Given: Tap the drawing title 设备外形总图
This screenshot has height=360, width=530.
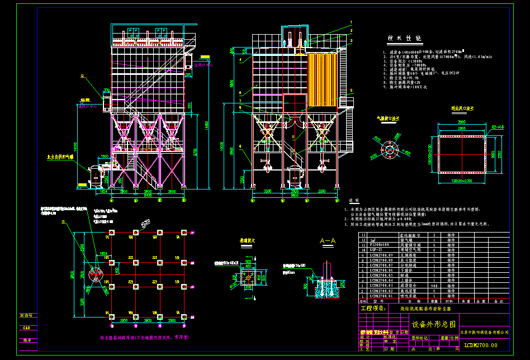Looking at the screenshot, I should click(x=433, y=324).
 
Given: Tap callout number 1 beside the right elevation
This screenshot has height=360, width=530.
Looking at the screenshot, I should click(x=352, y=21).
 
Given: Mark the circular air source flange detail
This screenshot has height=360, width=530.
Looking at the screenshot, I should click(x=387, y=150).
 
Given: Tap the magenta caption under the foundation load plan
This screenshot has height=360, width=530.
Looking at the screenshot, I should click(x=144, y=338).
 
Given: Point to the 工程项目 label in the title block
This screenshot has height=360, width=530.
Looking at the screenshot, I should click(x=372, y=309).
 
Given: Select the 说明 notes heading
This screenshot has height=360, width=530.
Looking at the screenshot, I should click(x=354, y=200).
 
